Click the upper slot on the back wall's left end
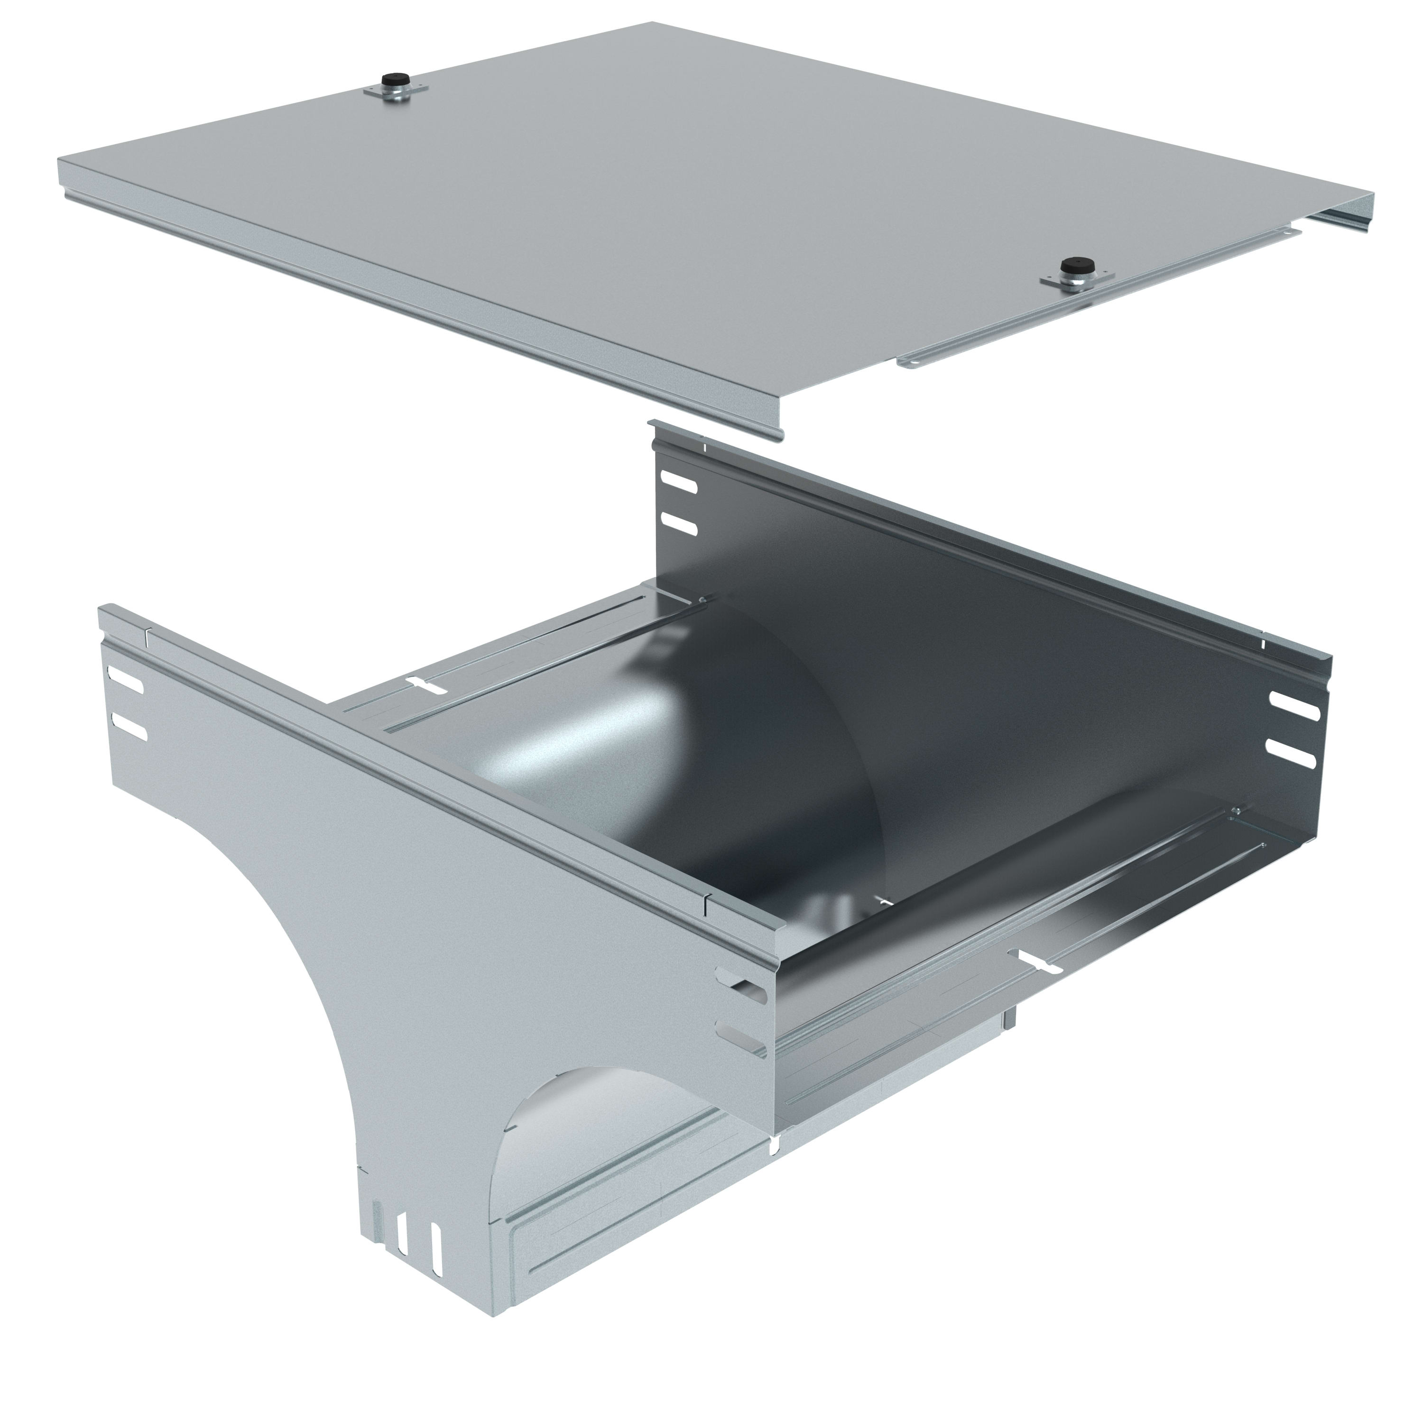680,483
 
